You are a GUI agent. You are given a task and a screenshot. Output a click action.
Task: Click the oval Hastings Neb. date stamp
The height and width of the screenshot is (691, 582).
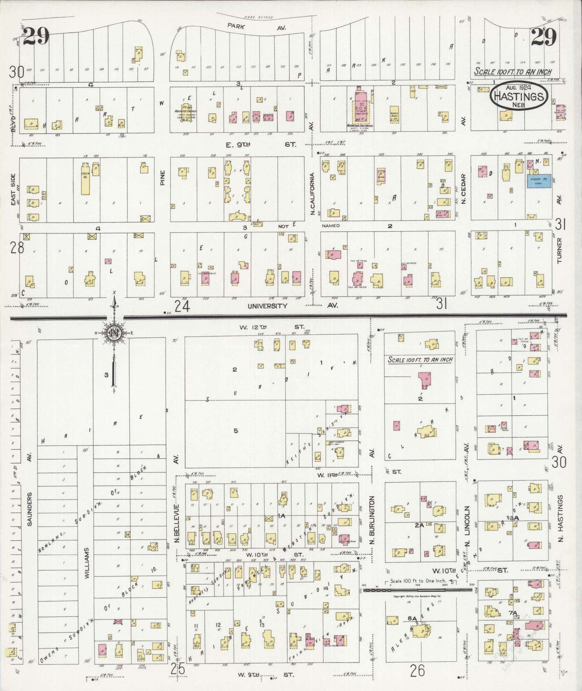click(x=519, y=95)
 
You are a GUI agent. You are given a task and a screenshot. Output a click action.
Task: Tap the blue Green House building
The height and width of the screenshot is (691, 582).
click(x=539, y=181)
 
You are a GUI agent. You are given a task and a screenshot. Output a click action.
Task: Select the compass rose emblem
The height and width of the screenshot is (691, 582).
click(x=114, y=333)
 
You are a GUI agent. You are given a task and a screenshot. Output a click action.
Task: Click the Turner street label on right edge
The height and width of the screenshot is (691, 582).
click(x=560, y=251)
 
